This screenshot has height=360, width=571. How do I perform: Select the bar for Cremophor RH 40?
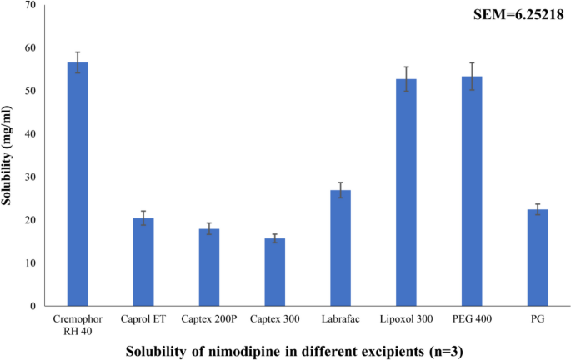78,184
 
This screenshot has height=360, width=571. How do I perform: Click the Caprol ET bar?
143,262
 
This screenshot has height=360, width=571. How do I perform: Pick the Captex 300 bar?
275,272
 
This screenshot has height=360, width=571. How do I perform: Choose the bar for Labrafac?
340,247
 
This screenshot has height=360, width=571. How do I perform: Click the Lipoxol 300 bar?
406,192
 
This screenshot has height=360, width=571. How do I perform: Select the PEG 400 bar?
472,191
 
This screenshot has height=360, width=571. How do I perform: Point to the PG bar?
538,257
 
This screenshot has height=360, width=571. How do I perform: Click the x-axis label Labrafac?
340,318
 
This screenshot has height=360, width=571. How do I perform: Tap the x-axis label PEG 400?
472,318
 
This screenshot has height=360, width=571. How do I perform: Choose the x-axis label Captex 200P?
209,318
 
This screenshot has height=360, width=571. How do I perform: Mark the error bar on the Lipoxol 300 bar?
406,79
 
